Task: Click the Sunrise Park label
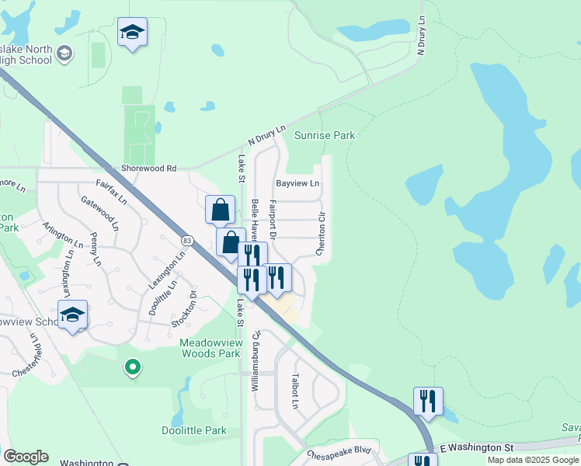(x=325, y=135)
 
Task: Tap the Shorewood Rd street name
(x=149, y=168)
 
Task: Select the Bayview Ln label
(x=297, y=184)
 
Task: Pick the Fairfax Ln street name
(x=111, y=190)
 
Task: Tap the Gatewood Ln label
(x=100, y=213)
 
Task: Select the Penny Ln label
(x=95, y=249)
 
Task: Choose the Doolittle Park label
(x=194, y=430)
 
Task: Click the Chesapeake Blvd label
(x=339, y=451)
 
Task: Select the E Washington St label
(x=477, y=448)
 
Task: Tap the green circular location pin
(x=133, y=367)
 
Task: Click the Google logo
(x=26, y=457)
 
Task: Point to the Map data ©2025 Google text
(x=533, y=460)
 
